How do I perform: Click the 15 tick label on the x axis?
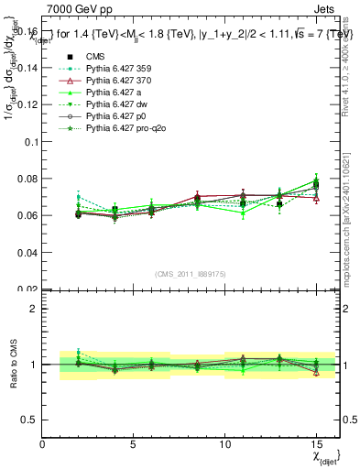(x=316, y=444)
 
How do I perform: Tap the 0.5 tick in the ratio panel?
(x=29, y=420)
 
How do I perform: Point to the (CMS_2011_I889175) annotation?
(x=189, y=272)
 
